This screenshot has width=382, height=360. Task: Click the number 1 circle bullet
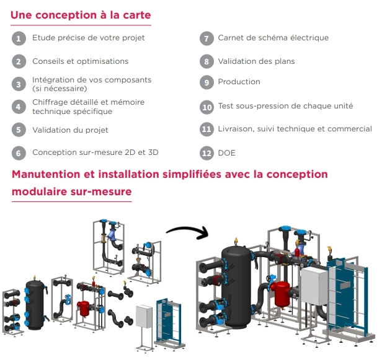pyautogui.click(x=19, y=38)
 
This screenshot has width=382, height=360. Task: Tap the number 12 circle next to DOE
pyautogui.click(x=207, y=153)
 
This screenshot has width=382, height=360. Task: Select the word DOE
pyautogui.click(x=227, y=153)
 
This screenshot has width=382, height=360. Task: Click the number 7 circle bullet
pyautogui.click(x=207, y=38)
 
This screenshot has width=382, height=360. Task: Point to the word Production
pyautogui.click(x=239, y=82)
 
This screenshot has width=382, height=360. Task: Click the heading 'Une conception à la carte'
pyautogui.click(x=81, y=14)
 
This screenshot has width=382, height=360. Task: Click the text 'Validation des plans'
pyautogui.click(x=256, y=61)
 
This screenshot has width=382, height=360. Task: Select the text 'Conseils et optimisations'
pyautogui.click(x=81, y=61)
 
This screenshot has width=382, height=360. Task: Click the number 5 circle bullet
pyautogui.click(x=19, y=130)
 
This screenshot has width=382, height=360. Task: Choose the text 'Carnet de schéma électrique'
pyautogui.click(x=273, y=38)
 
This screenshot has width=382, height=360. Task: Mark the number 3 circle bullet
pyautogui.click(x=19, y=84)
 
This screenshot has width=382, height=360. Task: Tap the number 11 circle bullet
pyautogui.click(x=207, y=130)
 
